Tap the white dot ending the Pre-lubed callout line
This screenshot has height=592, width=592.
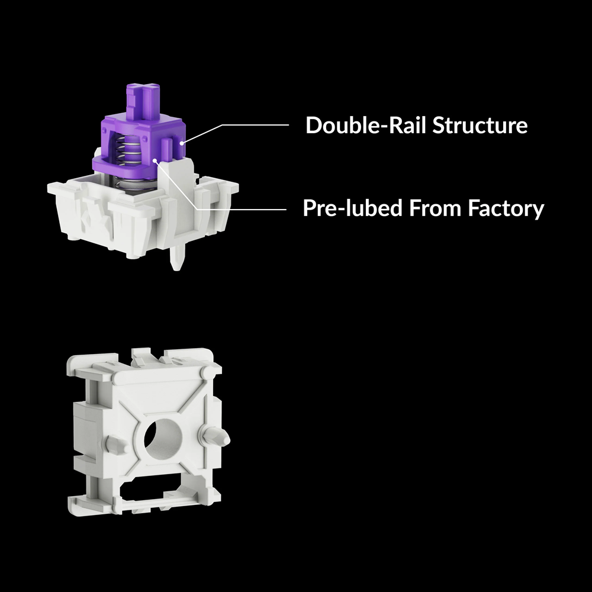pos(155,160)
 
